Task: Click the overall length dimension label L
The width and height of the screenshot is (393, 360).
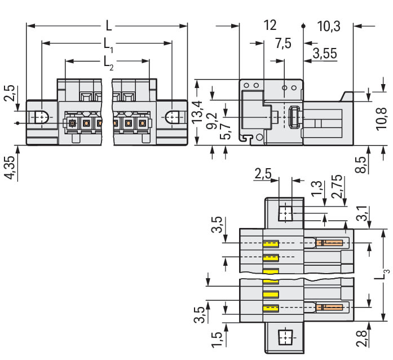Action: click(x=109, y=26)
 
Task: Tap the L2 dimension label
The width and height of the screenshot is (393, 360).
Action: click(x=108, y=63)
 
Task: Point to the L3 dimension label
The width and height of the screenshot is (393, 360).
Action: click(x=385, y=274)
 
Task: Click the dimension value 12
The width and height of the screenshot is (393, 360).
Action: click(x=270, y=25)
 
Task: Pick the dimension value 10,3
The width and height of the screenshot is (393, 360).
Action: click(x=328, y=25)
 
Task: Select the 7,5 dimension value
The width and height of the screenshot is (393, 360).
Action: click(x=283, y=43)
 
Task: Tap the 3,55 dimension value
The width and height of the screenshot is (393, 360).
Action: click(x=324, y=54)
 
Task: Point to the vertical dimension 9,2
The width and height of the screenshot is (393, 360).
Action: click(x=211, y=120)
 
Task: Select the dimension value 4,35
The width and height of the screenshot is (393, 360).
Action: click(x=9, y=168)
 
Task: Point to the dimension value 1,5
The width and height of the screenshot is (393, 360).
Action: click(x=216, y=340)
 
